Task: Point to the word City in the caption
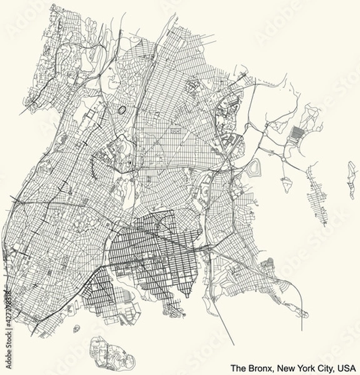click(x=322, y=368)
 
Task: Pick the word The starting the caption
click(x=237, y=368)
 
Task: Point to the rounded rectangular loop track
click(x=254, y=167)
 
